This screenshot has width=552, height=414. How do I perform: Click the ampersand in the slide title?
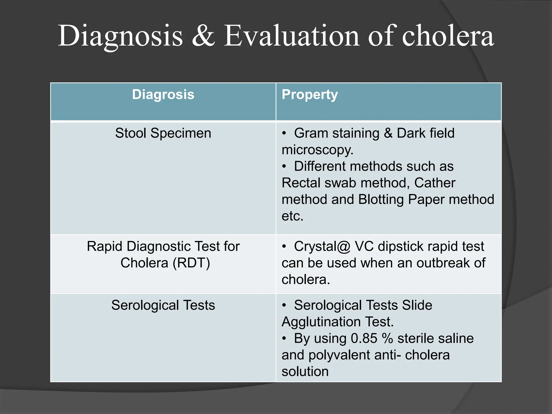[203, 36]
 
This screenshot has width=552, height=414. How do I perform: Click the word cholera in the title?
[448, 36]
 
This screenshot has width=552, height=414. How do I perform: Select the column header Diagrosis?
[163, 95]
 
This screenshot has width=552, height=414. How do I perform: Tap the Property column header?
[310, 95]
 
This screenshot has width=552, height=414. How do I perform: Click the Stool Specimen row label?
[163, 133]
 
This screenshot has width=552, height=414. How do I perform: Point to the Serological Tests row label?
[163, 305]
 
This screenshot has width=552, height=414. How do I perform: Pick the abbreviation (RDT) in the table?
[191, 263]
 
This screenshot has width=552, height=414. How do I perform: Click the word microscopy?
[317, 150]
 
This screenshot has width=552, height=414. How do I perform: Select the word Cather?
[434, 183]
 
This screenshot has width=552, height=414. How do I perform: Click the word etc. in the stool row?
[292, 216]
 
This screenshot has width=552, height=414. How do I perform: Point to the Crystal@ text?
[322, 246]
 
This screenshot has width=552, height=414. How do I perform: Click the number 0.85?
[364, 339]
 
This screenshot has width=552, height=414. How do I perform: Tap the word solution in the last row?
[305, 372]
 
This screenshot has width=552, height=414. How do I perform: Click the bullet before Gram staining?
[284, 133]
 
